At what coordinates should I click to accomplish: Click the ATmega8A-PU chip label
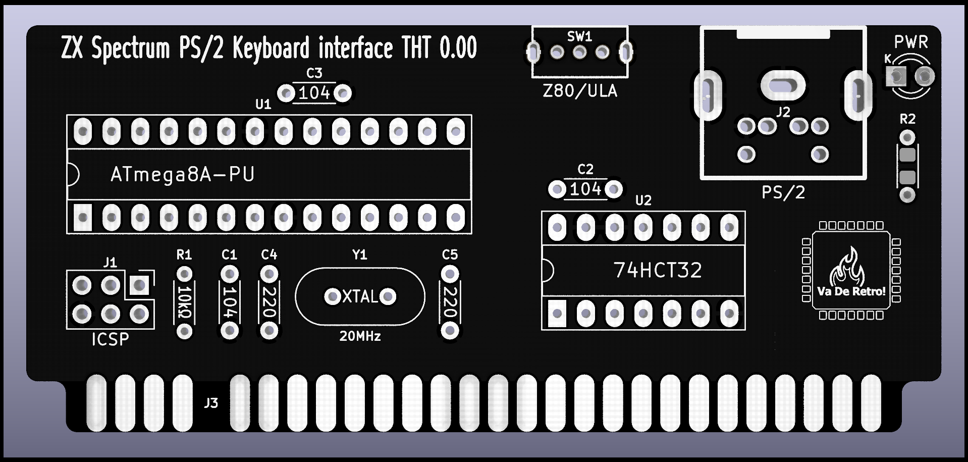pyautogui.click(x=182, y=175)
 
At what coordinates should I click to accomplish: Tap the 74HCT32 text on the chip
pyautogui.click(x=657, y=271)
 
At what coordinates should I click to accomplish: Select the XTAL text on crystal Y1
pyautogui.click(x=360, y=296)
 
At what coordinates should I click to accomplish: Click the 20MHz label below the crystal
pyautogui.click(x=360, y=336)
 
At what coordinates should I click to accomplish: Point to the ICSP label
pyautogui.click(x=110, y=339)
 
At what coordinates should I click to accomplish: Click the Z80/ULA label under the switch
pyautogui.click(x=580, y=91)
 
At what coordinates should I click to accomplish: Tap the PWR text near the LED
pyautogui.click(x=911, y=42)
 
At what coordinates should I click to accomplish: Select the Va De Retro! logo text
pyautogui.click(x=851, y=291)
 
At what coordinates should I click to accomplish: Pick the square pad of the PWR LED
pyautogui.click(x=896, y=77)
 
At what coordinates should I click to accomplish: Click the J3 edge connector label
pyautogui.click(x=211, y=403)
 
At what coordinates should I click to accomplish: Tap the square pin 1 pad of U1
pyautogui.click(x=83, y=218)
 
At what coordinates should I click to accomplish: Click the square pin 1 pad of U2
pyautogui.click(x=557, y=314)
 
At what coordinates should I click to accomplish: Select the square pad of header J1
pyautogui.click(x=139, y=285)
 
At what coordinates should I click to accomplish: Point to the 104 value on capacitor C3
pyautogui.click(x=314, y=93)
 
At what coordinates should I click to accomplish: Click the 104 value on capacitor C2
pyautogui.click(x=585, y=189)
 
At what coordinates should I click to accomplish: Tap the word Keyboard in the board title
pyautogui.click(x=271, y=48)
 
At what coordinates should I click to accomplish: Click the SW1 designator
pyautogui.click(x=579, y=37)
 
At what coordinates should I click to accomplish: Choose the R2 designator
pyautogui.click(x=907, y=119)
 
